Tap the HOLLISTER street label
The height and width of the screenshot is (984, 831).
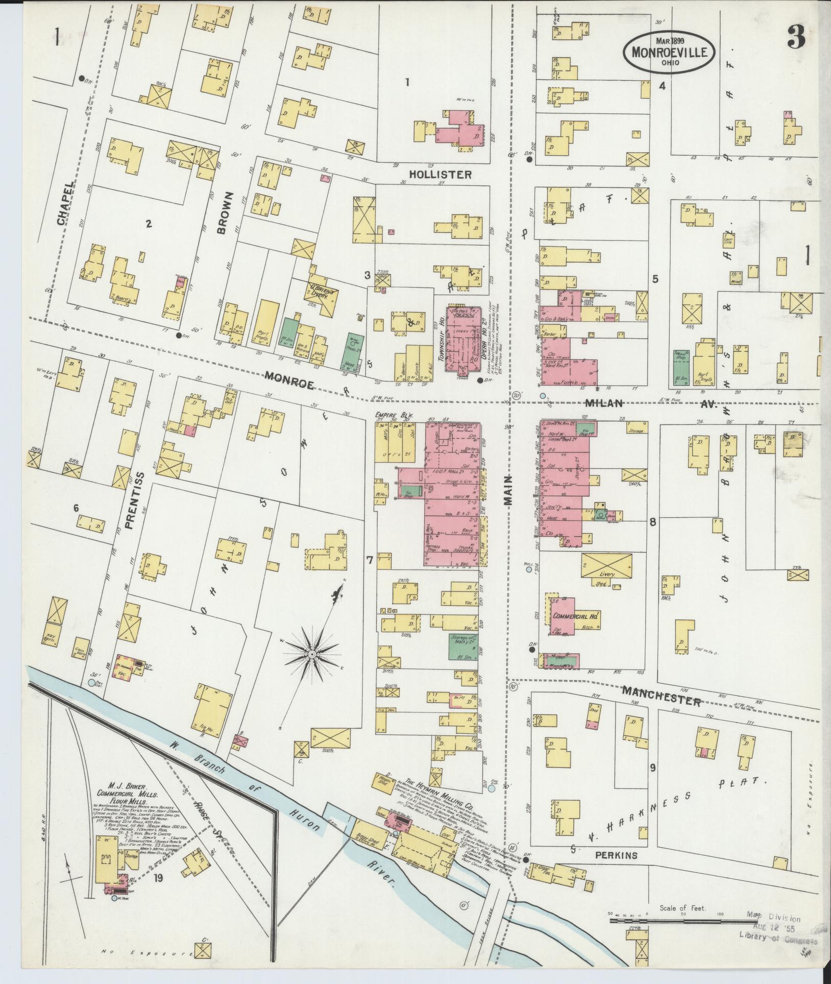pyautogui.click(x=442, y=175)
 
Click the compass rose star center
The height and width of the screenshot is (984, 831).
pyautogui.click(x=310, y=654)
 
